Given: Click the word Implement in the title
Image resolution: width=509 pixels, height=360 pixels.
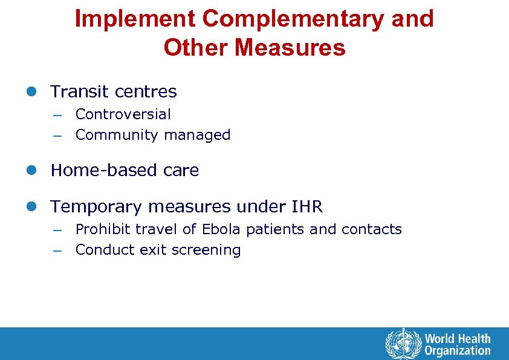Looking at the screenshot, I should [x=135, y=19].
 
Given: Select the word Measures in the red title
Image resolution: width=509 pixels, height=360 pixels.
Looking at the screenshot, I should [x=290, y=47].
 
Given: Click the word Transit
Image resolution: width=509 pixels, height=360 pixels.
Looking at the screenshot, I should [x=80, y=92].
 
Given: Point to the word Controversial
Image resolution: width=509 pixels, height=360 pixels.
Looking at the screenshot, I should [x=123, y=114].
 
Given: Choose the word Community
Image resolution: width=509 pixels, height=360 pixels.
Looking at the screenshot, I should [x=111, y=136].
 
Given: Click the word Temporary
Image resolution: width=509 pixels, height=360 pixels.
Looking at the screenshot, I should [x=97, y=207].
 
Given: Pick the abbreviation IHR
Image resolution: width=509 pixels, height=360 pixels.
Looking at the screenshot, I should [x=307, y=207].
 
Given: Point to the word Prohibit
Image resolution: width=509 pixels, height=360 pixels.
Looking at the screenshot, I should [x=102, y=229].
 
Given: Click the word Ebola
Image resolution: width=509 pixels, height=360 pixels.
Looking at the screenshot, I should [x=221, y=229].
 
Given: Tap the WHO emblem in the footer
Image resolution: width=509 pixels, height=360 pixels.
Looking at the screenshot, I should [x=403, y=344].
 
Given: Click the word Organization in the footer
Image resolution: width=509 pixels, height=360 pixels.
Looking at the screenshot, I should [x=458, y=350].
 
